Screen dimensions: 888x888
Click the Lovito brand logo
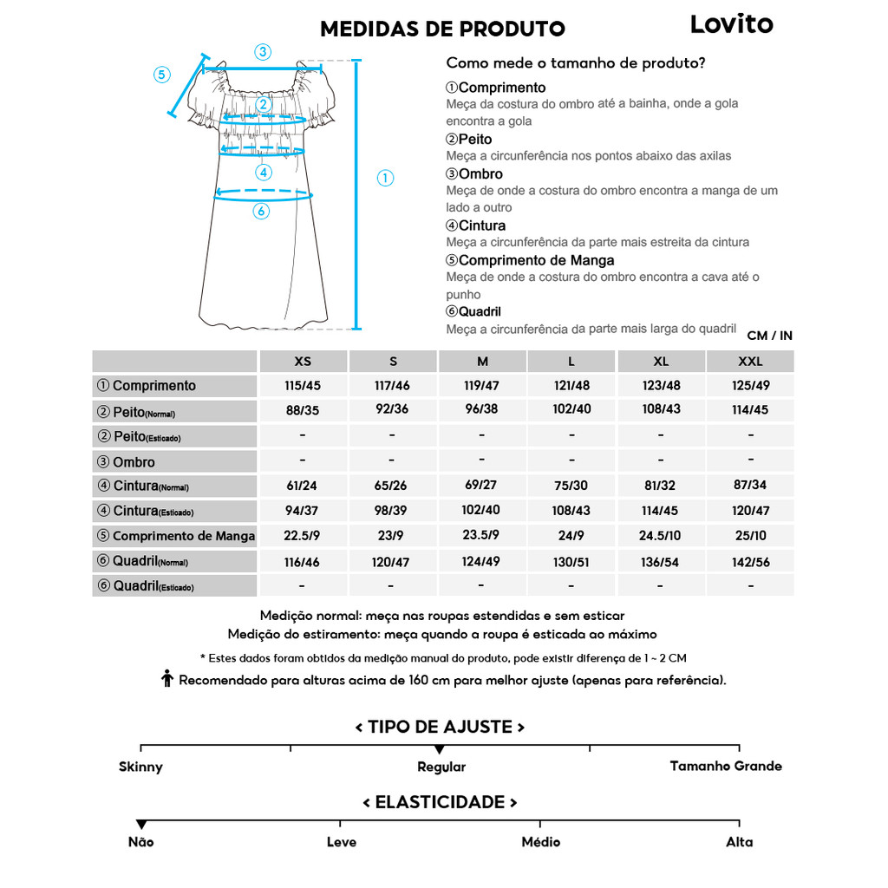point(731,24)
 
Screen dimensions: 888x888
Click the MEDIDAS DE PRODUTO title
point(442,29)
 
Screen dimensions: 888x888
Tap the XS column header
point(303,361)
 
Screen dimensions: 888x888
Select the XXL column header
point(750,361)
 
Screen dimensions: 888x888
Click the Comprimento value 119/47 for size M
point(481,385)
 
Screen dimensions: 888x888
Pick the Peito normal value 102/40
point(571,409)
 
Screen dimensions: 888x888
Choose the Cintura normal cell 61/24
point(303,486)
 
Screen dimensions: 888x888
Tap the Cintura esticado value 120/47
point(750,511)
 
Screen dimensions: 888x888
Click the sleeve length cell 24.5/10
point(661,536)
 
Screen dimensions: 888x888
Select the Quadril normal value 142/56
point(750,562)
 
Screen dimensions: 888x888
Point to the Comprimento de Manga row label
point(176,536)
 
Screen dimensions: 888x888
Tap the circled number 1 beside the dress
point(385,178)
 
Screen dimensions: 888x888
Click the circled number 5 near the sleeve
point(161,75)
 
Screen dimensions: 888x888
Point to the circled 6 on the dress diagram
point(261,211)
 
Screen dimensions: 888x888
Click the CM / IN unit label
point(769,336)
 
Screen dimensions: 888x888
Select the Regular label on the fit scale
point(441,767)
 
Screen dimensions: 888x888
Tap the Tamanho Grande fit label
point(726,766)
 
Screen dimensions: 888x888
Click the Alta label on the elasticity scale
point(740,842)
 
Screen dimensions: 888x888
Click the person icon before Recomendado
point(167,680)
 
